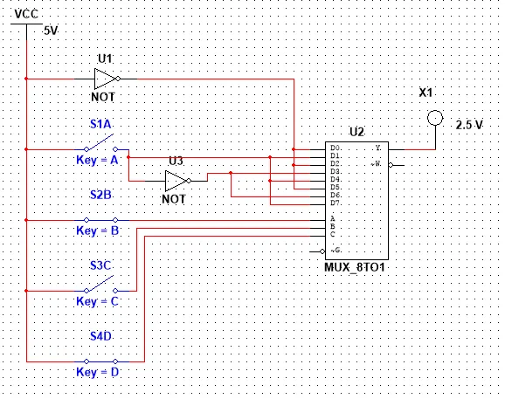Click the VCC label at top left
(26, 14)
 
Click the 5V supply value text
(51, 31)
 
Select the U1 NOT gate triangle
(105, 79)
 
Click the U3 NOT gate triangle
(176, 181)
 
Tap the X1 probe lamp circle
(435, 118)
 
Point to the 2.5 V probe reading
(469, 125)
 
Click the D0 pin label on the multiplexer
(336, 148)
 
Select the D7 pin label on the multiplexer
(336, 203)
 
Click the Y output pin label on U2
(378, 148)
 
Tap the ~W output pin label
(376, 164)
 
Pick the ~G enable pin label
(336, 250)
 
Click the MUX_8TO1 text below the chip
(355, 267)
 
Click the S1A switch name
(100, 124)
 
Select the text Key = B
(98, 230)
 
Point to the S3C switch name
(100, 265)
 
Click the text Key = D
(98, 372)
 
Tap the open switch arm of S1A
(100, 141)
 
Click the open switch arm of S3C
(100, 283)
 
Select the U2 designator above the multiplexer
(356, 132)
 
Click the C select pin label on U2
(333, 234)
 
